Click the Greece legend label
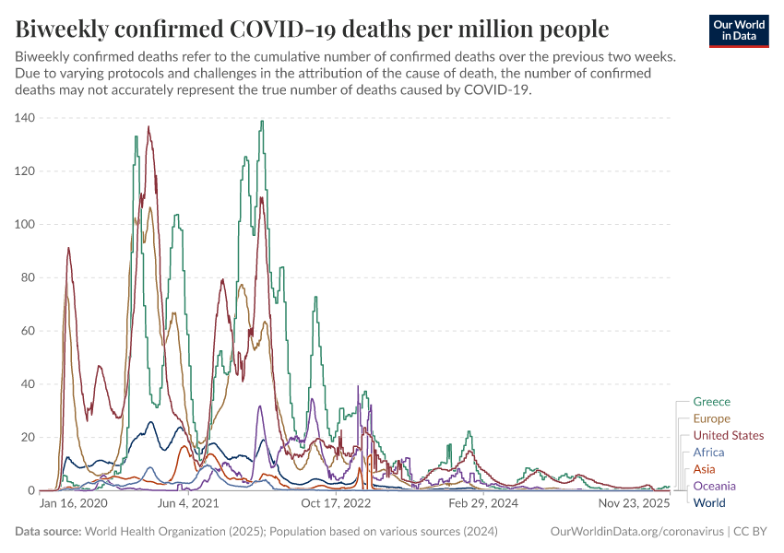711,402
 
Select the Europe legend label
711,418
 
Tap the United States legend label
728,435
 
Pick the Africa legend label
708,453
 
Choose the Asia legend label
704,469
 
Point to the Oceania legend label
714,486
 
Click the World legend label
709,502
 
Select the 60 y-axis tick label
26,331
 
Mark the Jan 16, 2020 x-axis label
74,504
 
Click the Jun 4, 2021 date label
189,504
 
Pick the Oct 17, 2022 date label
337,504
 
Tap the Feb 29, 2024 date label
483,504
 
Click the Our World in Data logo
740,30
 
